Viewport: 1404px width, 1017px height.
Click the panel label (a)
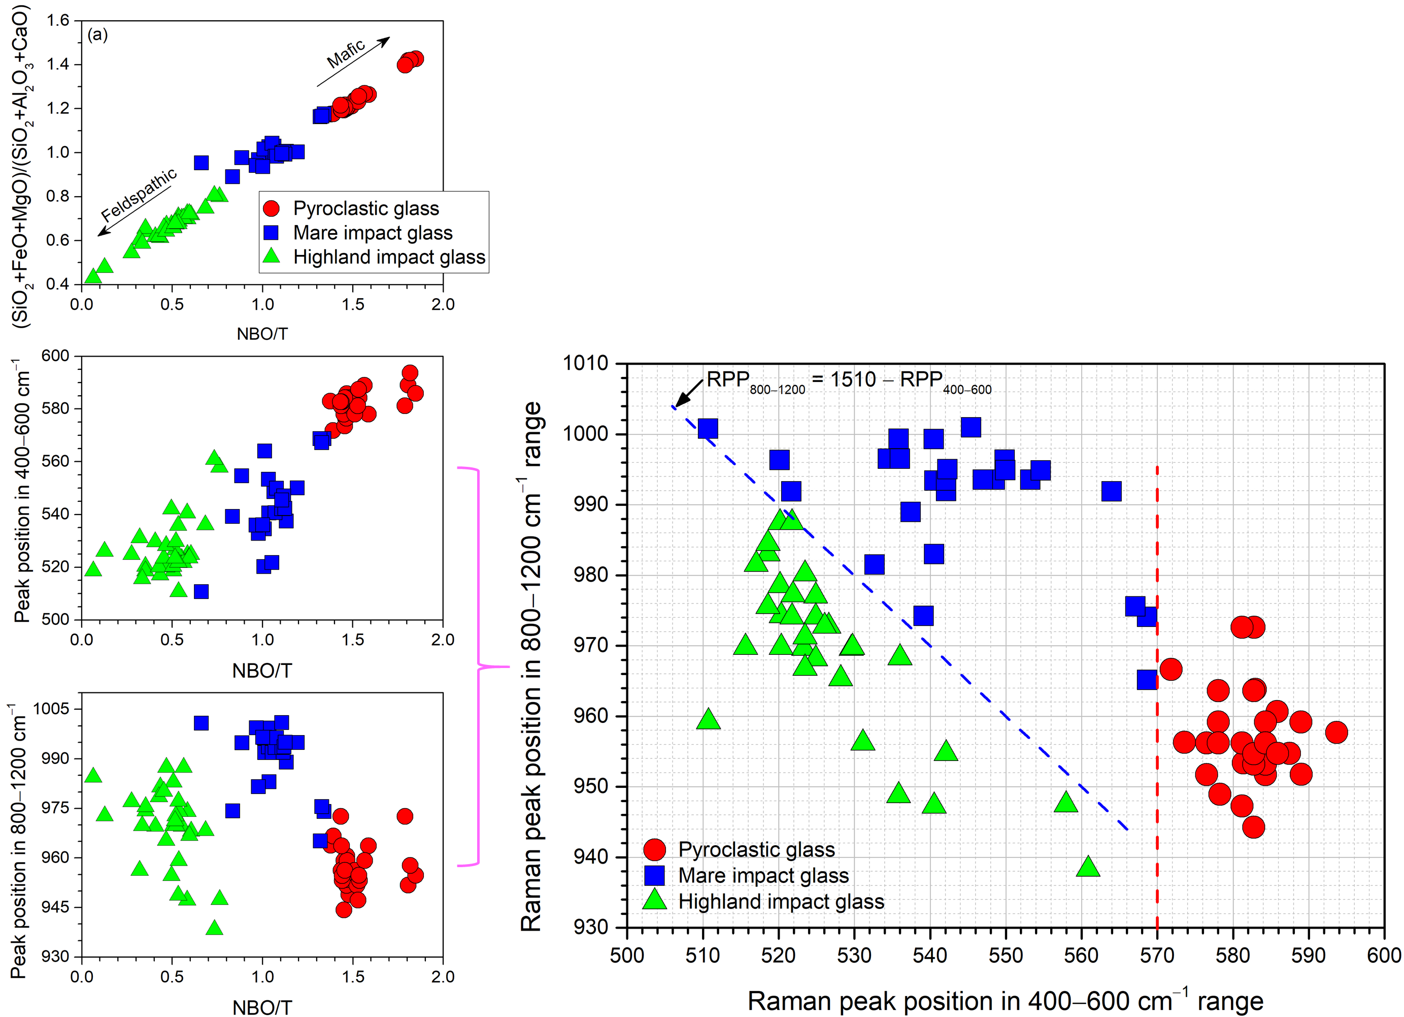pos(98,35)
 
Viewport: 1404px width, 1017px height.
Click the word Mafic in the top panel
pos(346,54)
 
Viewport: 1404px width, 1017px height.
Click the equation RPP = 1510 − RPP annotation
pos(848,381)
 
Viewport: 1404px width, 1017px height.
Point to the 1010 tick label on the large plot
pos(585,364)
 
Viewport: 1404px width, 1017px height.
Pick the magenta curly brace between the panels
pos(480,666)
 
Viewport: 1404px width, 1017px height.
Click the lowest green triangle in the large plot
pos(1088,867)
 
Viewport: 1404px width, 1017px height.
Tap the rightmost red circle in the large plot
pos(1336,733)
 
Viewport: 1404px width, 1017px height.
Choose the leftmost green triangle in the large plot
pos(708,720)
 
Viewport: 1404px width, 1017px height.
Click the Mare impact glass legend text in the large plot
pos(763,876)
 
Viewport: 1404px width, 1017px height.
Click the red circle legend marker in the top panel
pos(271,209)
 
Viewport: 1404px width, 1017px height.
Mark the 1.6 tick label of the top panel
pos(58,20)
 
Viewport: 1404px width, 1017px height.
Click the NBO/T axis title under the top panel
pos(262,334)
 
